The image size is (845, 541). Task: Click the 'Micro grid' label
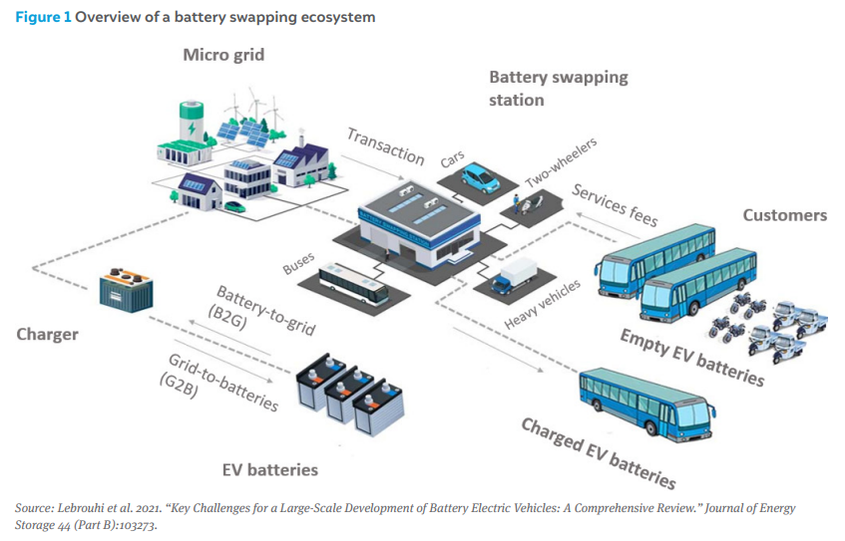click(x=223, y=55)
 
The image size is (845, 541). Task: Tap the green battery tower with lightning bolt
click(x=192, y=122)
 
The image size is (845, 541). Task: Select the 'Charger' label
click(x=48, y=335)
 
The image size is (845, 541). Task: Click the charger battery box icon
click(x=127, y=290)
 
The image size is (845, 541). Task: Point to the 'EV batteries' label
click(x=270, y=470)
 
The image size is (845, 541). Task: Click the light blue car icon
click(x=481, y=177)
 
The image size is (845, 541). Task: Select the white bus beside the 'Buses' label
click(x=353, y=284)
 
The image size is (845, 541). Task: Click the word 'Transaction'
click(x=386, y=146)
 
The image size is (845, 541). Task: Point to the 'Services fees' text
click(x=615, y=205)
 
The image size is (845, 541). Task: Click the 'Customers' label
click(x=784, y=215)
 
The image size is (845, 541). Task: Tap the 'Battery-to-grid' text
click(x=266, y=311)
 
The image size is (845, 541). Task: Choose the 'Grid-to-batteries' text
click(x=223, y=383)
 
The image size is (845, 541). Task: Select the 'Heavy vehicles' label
click(x=542, y=304)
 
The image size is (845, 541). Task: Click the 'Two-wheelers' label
click(x=561, y=162)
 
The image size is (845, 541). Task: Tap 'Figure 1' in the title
click(x=43, y=17)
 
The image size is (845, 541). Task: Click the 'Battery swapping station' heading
click(x=559, y=89)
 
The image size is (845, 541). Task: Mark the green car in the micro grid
click(x=235, y=206)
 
